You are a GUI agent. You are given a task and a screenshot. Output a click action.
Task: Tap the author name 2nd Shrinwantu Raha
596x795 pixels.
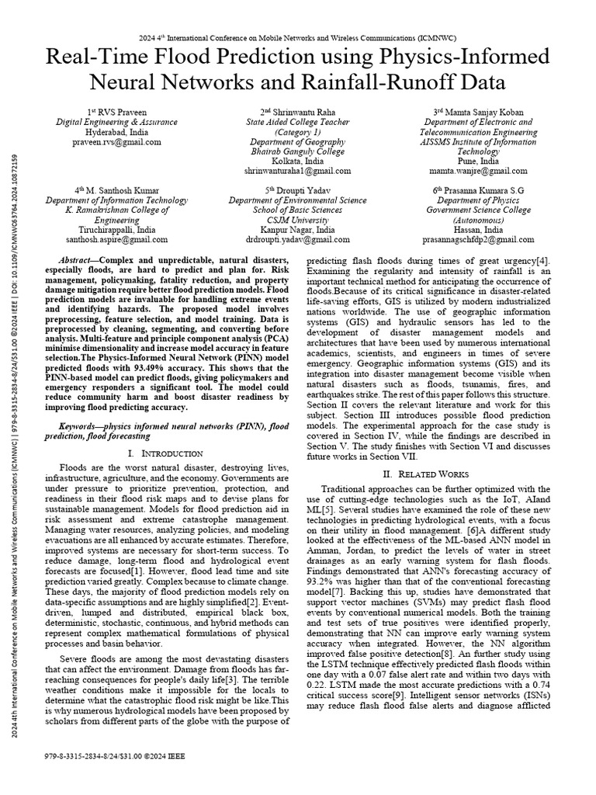[299, 112]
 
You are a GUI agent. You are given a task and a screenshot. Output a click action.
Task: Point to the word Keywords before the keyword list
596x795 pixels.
[83, 427]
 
